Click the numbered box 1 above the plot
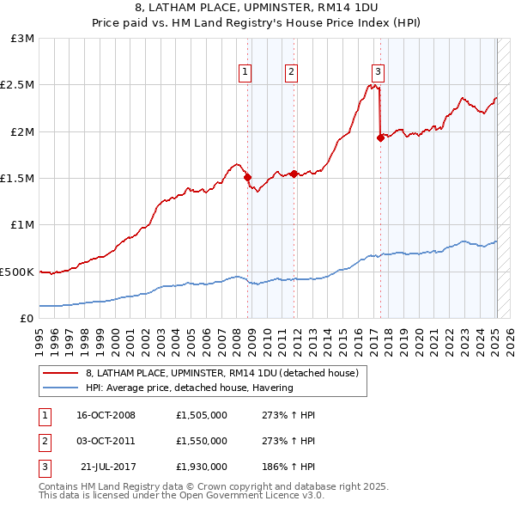point(246,72)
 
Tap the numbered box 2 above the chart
point(292,72)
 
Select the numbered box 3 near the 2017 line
point(378,72)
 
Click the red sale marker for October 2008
point(248,178)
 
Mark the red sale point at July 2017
point(380,137)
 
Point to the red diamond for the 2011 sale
point(294,174)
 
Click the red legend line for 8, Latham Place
point(61,373)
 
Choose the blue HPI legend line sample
point(61,388)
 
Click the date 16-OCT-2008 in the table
point(106,415)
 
